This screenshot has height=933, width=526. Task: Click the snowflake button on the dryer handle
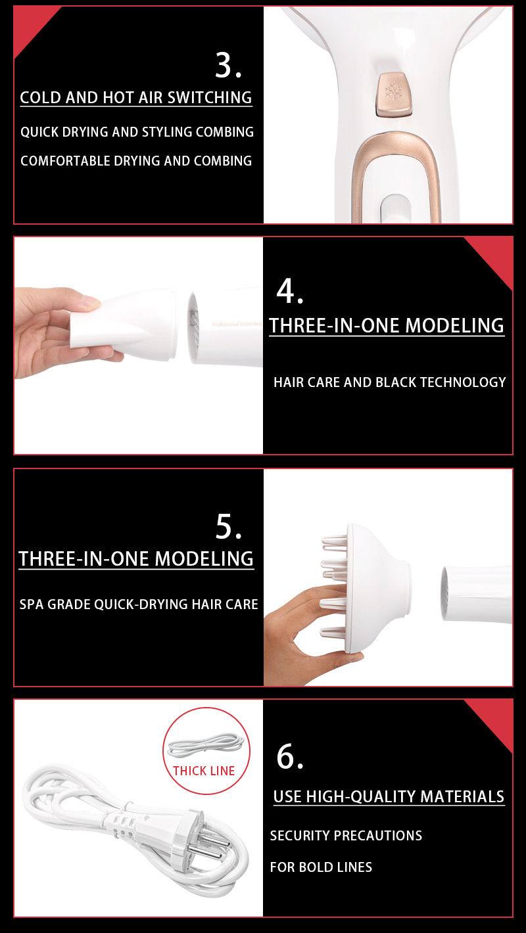point(394,95)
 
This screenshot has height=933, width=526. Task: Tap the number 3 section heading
point(228,66)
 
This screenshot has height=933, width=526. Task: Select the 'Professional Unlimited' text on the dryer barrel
point(237,324)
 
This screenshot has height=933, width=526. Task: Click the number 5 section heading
point(228,526)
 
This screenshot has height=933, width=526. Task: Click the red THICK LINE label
point(204,771)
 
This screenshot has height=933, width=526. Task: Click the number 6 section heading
point(290,756)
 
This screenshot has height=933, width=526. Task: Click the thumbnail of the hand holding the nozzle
point(138,346)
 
